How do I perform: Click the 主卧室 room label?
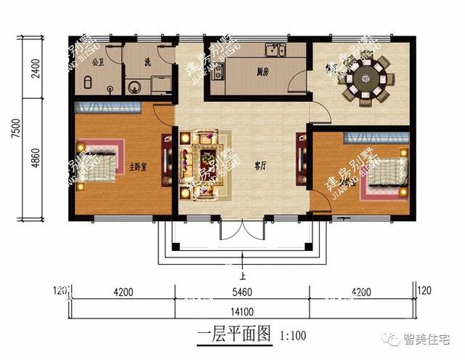tap(138, 167)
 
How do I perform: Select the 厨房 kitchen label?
tap(263, 72)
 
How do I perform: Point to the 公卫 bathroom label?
tap(99, 61)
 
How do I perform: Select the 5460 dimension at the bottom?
tap(242, 293)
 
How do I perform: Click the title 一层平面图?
tap(233, 337)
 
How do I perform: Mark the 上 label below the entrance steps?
tap(243, 275)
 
